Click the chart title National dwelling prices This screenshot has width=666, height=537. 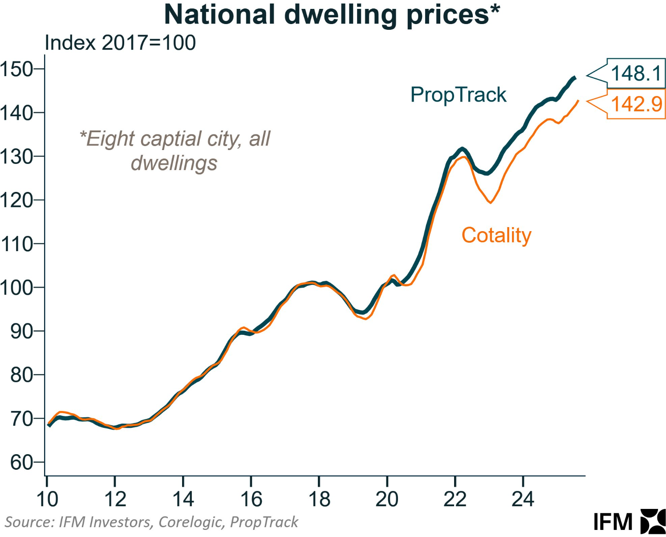pos(332,15)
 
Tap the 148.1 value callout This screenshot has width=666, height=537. pos(635,73)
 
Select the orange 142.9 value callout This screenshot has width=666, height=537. pos(636,104)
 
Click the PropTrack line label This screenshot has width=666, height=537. pos(458,95)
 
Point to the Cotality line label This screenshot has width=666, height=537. pos(496,235)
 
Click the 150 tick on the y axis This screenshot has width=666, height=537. pos(17,69)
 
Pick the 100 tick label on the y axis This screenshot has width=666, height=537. pos(17,288)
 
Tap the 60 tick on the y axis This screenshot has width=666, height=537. pos(21,463)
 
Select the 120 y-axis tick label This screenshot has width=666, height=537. pos(17,200)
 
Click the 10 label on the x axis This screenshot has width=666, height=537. pos(47,499)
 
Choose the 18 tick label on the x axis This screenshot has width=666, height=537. pos(319,499)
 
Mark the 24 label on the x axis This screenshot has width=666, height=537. pos(523,499)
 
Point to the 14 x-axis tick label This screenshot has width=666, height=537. pos(183,499)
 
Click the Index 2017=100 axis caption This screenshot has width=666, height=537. pos(120,43)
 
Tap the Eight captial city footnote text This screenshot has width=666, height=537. pos(175,151)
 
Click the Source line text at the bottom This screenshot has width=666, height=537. pos(151,522)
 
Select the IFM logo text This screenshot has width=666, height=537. pos(613,522)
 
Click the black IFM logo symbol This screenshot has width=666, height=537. pos(653,521)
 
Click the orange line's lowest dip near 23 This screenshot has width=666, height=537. pos(491,203)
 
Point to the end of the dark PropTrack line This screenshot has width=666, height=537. pos(575,78)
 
